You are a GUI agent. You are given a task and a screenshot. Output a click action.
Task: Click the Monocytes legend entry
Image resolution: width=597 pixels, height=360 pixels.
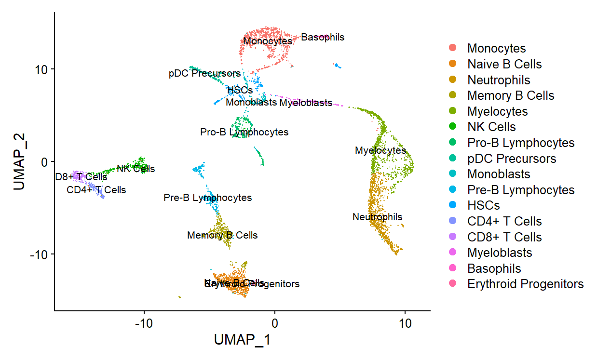496,48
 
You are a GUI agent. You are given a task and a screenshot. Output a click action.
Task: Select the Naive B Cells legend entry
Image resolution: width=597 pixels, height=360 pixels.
504,64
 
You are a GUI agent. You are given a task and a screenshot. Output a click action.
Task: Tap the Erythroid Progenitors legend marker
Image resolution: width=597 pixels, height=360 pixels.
453,284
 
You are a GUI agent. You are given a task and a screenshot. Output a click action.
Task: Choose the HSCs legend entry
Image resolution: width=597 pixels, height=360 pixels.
483,205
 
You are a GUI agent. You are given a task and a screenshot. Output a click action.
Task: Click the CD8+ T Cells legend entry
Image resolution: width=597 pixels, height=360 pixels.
504,237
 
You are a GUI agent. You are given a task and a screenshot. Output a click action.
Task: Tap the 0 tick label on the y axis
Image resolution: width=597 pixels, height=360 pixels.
45,161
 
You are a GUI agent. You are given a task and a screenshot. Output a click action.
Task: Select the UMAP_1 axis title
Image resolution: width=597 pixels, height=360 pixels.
242,340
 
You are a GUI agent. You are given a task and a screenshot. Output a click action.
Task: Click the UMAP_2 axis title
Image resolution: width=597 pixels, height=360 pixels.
19,161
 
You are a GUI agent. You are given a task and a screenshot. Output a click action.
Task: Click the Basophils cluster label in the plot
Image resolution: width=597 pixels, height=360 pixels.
323,37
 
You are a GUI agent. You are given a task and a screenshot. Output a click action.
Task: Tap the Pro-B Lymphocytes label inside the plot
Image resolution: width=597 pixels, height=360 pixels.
244,132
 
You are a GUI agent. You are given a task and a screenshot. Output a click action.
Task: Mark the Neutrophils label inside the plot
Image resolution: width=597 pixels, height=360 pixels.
377,217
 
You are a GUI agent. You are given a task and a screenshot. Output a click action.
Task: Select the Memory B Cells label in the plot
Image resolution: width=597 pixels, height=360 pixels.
222,235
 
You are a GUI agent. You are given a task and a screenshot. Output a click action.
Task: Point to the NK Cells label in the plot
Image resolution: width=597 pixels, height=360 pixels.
136,169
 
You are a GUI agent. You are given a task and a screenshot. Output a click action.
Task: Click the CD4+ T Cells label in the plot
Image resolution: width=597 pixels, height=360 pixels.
96,190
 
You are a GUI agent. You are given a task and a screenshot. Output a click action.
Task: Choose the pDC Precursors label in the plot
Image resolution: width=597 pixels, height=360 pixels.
204,74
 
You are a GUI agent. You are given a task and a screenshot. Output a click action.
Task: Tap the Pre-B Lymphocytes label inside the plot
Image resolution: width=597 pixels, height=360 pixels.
207,198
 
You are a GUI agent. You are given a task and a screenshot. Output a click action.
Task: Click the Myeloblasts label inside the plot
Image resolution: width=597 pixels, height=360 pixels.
306,103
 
